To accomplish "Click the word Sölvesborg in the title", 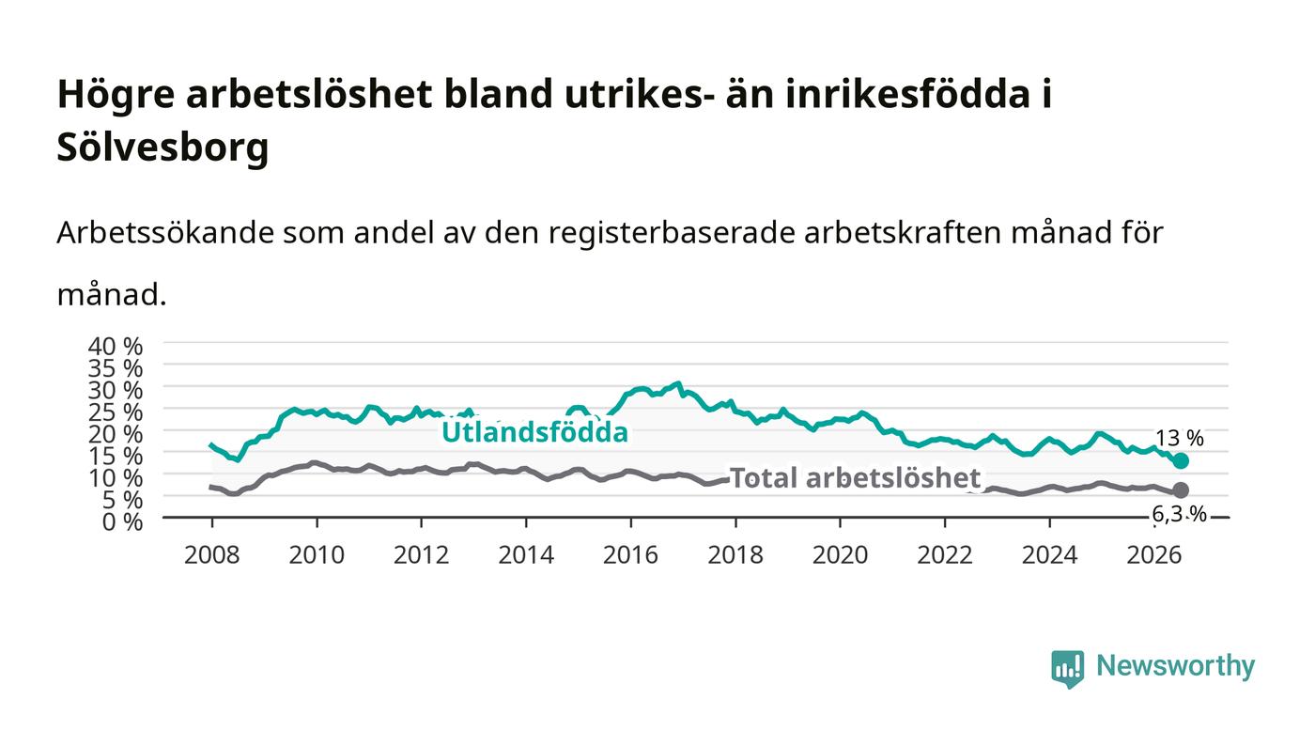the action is tap(162, 147).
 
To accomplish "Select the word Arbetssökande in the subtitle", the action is tap(165, 233).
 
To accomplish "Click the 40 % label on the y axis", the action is tap(116, 346).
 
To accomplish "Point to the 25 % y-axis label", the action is tap(116, 412).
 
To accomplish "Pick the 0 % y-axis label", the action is tap(123, 521).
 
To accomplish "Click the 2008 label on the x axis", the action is tap(212, 555).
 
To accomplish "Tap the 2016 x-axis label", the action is tap(630, 555).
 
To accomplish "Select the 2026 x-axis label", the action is tap(1154, 555).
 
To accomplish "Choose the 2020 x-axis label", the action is tap(840, 555).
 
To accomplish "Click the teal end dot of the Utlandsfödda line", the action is tap(1181, 461).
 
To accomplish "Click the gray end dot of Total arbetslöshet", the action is tap(1181, 490).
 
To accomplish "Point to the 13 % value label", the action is tap(1180, 438).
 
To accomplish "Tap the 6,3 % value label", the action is tap(1179, 515).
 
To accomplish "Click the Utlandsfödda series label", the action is tap(534, 432).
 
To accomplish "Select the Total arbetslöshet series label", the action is tap(856, 478).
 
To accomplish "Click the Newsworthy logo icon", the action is tap(1067, 668).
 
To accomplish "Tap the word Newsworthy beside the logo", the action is tap(1176, 666).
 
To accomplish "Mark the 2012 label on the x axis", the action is tap(422, 555).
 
